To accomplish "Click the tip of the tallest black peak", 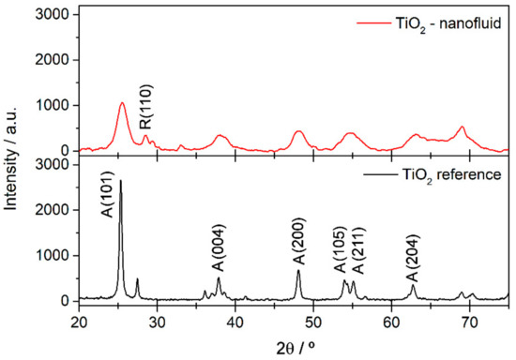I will tap(120, 180).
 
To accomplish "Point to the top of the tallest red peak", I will tap(122, 103).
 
